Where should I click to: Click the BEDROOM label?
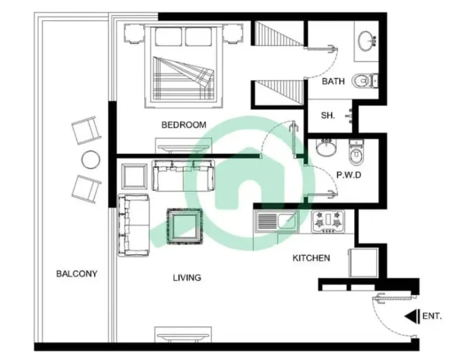point(184,125)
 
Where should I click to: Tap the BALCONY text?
point(76,274)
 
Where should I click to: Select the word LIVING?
point(187,277)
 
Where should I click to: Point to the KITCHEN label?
point(311,258)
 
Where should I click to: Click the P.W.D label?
point(348,175)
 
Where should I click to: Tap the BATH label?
point(333,81)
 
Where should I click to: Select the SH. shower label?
point(328,115)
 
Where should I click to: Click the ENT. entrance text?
point(432,316)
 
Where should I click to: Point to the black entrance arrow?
point(412,316)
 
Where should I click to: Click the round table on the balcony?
point(91,160)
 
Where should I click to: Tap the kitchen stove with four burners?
point(328,222)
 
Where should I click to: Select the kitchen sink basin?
point(287,222)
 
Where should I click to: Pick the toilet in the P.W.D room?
point(356,152)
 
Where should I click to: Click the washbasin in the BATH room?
point(366,41)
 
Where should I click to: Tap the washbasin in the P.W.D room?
point(326,147)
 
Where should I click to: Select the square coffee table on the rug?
point(185,227)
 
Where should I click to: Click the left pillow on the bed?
point(168,37)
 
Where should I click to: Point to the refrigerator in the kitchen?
point(363,263)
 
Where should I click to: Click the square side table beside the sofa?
point(135,177)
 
